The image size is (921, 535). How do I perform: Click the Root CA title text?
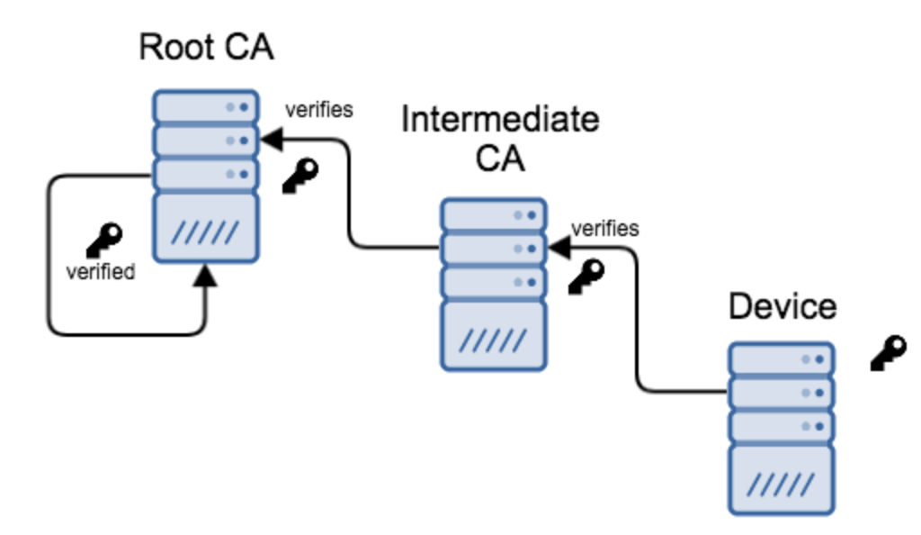pos(206,47)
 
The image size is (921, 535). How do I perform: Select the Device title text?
pos(782,306)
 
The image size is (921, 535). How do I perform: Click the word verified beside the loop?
pos(100,271)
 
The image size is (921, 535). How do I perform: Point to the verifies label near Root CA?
pos(319,111)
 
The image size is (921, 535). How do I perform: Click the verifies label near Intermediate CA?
pos(605,229)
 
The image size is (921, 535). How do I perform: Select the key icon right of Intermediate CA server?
pos(586,276)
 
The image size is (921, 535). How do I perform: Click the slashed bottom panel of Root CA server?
pos(206,231)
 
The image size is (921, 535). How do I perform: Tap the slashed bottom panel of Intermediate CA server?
pos(494,338)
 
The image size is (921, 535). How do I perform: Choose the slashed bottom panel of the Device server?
pos(781,481)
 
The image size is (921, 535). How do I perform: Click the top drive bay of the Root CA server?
pos(206,107)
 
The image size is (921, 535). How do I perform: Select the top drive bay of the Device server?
pos(781,358)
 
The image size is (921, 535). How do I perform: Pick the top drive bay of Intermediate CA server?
pos(494,214)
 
